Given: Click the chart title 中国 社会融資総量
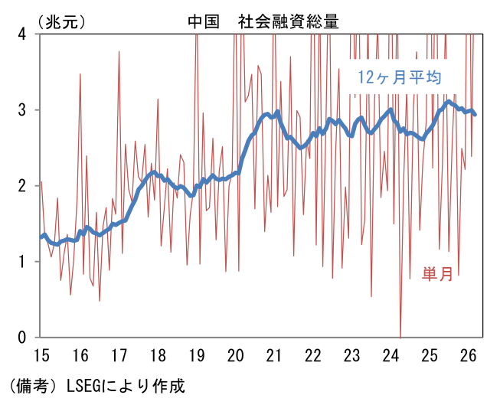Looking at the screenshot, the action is (263, 22).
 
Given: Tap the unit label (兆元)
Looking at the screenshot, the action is (61, 22).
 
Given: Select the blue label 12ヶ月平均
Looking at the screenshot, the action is (400, 77).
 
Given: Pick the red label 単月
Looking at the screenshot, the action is (437, 274).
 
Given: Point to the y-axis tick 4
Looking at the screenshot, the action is (21, 34).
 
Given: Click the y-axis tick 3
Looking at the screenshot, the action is (21, 110).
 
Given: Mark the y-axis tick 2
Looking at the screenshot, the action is (21, 186).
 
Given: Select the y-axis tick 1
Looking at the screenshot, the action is (21, 262).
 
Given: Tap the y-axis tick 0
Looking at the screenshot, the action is (21, 338).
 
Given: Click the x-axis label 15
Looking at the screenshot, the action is (42, 355).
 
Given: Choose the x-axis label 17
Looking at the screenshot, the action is (119, 355).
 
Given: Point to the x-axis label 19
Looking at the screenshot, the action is (197, 355).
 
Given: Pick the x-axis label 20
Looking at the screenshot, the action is (236, 355).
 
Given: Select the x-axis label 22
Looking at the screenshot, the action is (313, 355).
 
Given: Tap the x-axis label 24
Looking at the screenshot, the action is (391, 355).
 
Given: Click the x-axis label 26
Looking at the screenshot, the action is (468, 355).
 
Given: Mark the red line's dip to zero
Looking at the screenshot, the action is (400, 337).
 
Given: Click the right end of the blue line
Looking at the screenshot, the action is (475, 114).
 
